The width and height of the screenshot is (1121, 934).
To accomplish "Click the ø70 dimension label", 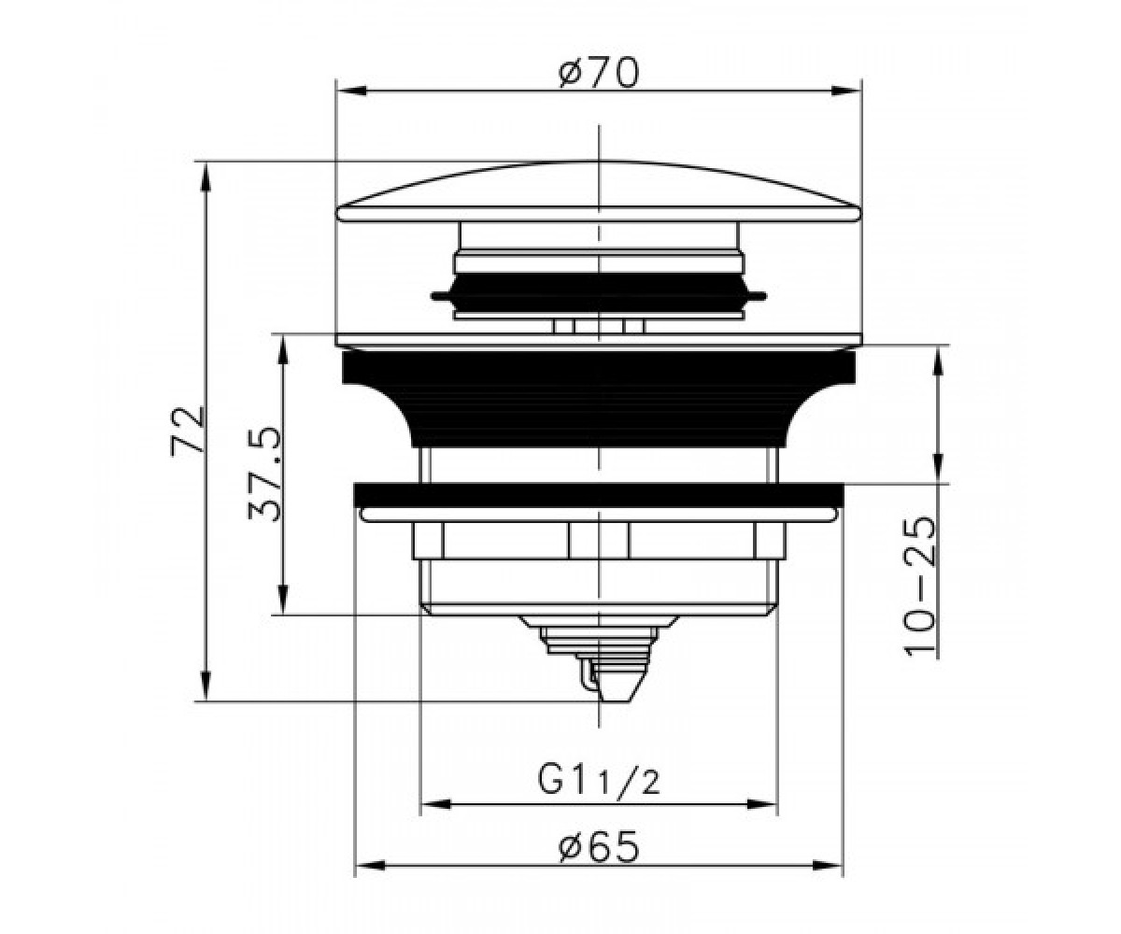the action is (598, 73).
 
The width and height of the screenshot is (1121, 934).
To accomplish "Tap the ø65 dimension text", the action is (599, 847).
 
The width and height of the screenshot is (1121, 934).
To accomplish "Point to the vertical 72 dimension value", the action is (188, 431).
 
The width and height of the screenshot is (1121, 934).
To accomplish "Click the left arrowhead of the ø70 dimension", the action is (351, 91).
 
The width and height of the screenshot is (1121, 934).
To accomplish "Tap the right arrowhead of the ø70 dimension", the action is (846, 91).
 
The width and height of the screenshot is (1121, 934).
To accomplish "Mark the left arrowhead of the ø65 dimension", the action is (371, 881).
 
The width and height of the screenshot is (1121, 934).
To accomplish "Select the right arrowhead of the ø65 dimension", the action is (828, 881).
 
